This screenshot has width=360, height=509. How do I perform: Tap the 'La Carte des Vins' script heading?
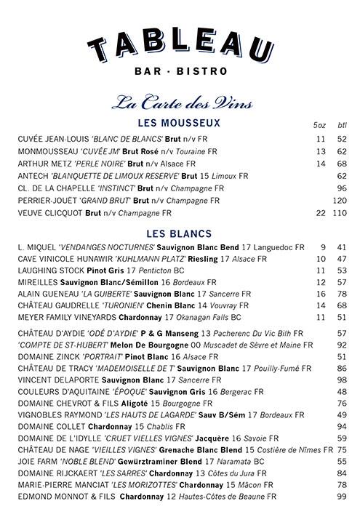coord(180,103)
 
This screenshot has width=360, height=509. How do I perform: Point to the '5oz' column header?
coord(319,125)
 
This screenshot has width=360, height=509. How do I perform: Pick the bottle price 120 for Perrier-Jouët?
coord(339,200)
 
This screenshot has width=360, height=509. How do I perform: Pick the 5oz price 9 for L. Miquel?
coord(322,247)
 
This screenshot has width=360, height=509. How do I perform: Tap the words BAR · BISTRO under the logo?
coord(180,72)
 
